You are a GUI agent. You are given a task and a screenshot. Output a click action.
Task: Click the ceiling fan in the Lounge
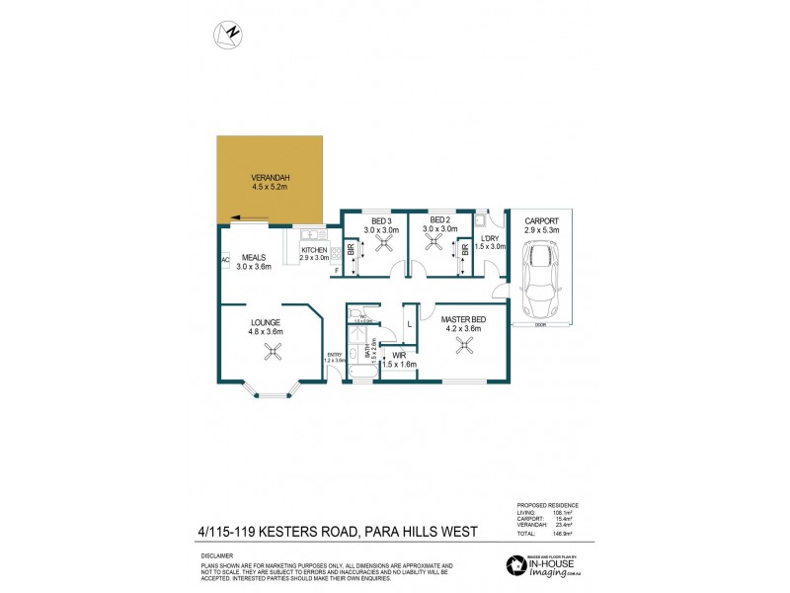[267, 358]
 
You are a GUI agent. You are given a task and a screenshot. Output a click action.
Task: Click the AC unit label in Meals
[225, 261]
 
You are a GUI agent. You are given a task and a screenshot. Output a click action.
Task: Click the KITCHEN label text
[314, 251]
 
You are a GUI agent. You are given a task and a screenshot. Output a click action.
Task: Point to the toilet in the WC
[352, 313]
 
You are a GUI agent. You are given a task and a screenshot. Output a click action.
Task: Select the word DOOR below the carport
[539, 323]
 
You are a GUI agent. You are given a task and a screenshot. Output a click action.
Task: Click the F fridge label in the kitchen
[336, 270]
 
